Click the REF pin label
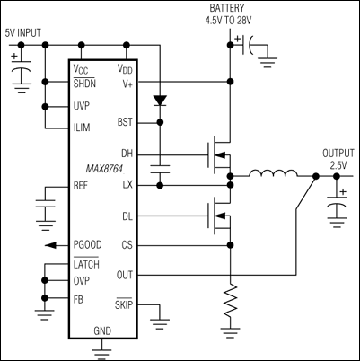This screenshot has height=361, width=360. pyautogui.click(x=81, y=186)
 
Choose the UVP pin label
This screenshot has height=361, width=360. pyautogui.click(x=82, y=106)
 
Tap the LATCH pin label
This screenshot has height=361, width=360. pyautogui.click(x=86, y=265)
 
